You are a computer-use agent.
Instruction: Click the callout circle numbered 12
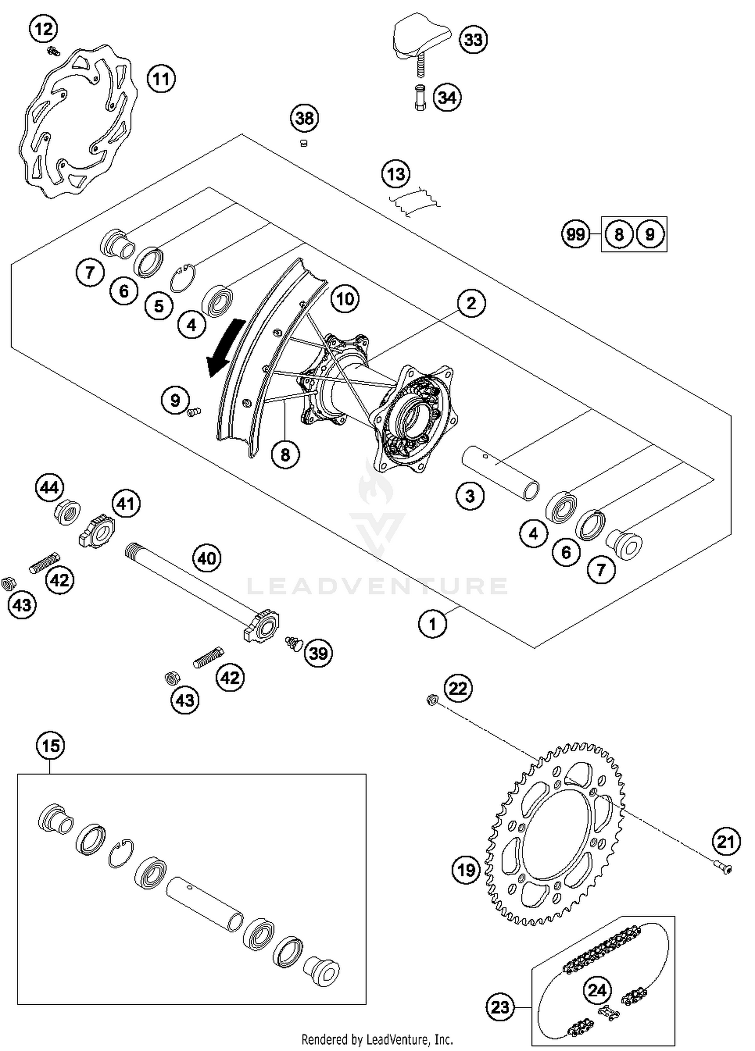(43, 29)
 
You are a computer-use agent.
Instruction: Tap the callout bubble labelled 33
(473, 40)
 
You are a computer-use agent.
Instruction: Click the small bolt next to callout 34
(420, 99)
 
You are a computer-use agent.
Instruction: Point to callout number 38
(305, 119)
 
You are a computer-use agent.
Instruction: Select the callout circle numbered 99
(575, 234)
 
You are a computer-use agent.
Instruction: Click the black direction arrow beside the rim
(224, 347)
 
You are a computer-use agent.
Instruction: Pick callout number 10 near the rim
(345, 299)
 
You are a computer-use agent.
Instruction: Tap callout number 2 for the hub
(471, 303)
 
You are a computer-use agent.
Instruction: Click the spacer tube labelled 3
(501, 473)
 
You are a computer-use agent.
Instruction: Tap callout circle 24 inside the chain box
(597, 991)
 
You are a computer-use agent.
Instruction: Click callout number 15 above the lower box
(50, 746)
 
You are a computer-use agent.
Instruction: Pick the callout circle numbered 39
(318, 653)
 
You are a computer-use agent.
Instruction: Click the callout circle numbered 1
(432, 624)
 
